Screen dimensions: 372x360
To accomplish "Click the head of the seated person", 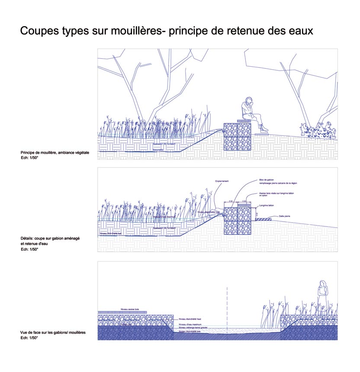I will click(248, 100).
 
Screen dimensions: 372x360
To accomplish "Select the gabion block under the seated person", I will click(237, 136).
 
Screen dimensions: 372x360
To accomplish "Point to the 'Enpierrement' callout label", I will click(221, 181).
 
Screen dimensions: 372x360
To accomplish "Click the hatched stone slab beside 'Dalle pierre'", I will click(263, 220).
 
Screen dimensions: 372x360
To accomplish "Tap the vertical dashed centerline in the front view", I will click(227, 307).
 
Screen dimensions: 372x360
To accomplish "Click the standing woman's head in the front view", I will click(322, 284).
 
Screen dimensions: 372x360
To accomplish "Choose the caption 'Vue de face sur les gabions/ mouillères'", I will click(53, 332).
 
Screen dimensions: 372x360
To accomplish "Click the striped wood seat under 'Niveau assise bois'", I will click(122, 312).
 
